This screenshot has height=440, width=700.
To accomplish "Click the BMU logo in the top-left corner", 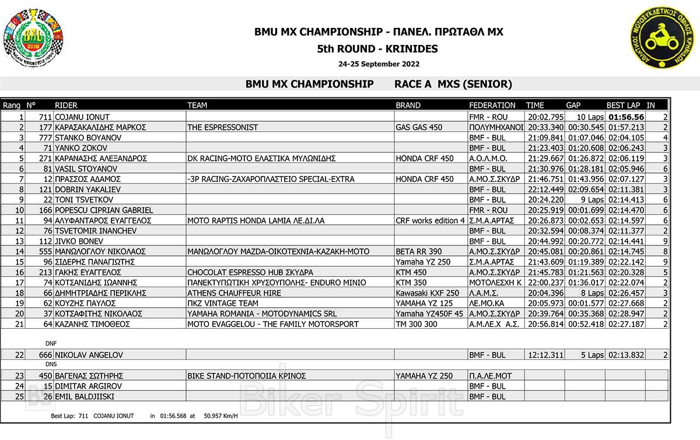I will [x=33, y=37].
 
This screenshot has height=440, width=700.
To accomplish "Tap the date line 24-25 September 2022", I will [x=379, y=64].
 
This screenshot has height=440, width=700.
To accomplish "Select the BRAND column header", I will [x=408, y=105].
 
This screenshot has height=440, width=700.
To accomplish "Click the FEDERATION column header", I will [x=492, y=105].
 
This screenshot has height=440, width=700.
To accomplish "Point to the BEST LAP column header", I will [x=623, y=105].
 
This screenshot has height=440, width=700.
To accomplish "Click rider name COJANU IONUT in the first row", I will [x=82, y=117].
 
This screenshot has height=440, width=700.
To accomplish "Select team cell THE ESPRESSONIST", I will [x=223, y=127].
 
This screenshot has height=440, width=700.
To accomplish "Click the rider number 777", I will [x=47, y=138].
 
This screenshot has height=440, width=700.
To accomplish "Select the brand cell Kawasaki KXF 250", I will [x=427, y=293].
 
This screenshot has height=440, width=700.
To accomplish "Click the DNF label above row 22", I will [x=51, y=343].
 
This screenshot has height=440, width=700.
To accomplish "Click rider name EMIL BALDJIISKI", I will [x=84, y=396].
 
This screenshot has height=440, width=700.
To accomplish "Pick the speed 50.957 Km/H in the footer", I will [x=220, y=416].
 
